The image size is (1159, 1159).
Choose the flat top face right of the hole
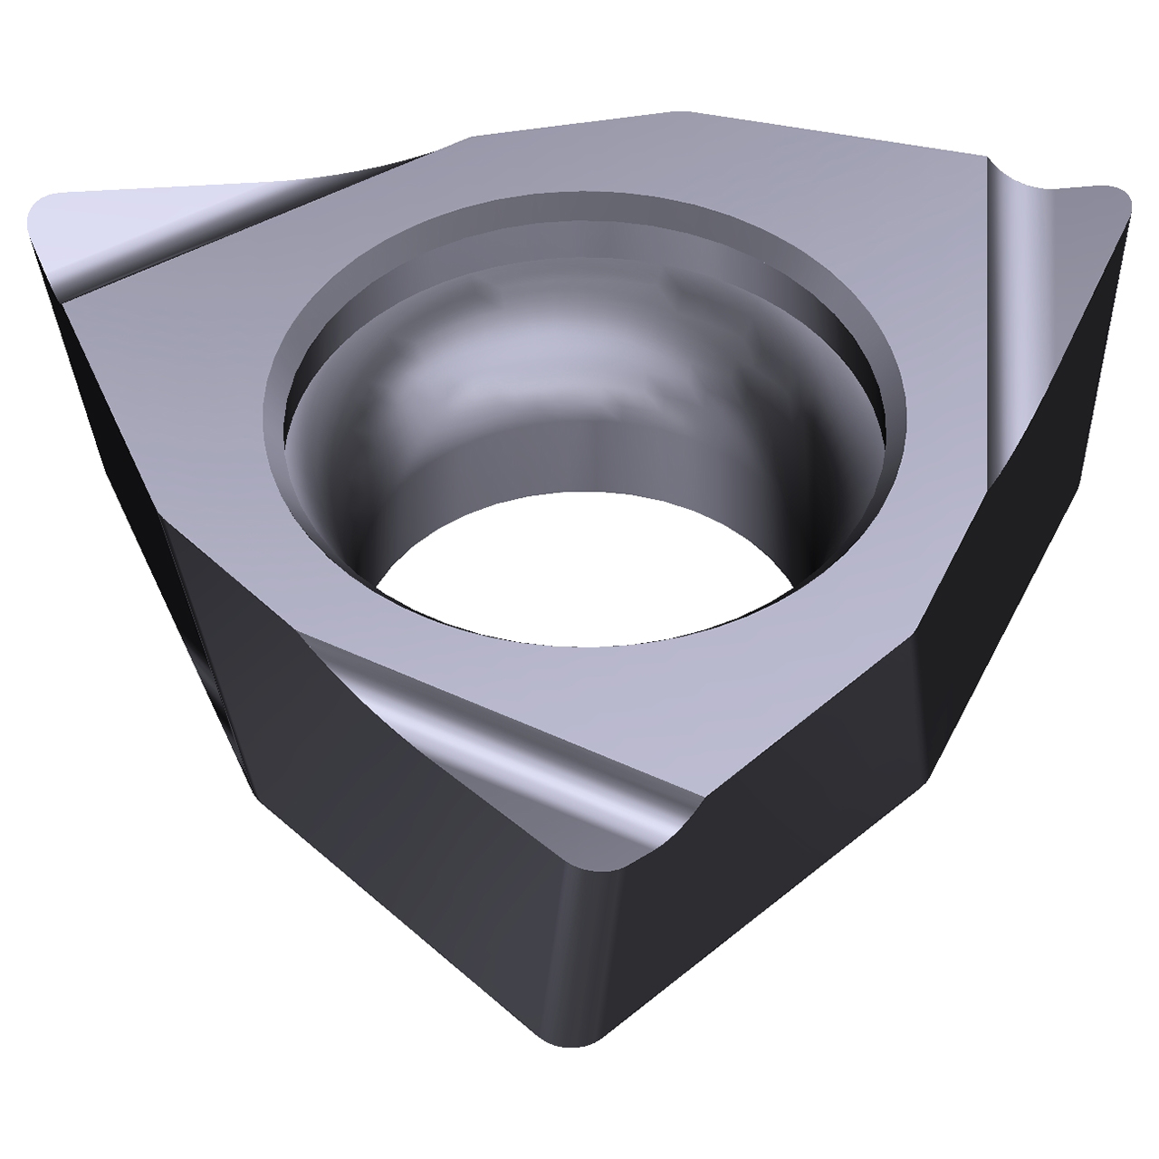pos(942,407)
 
